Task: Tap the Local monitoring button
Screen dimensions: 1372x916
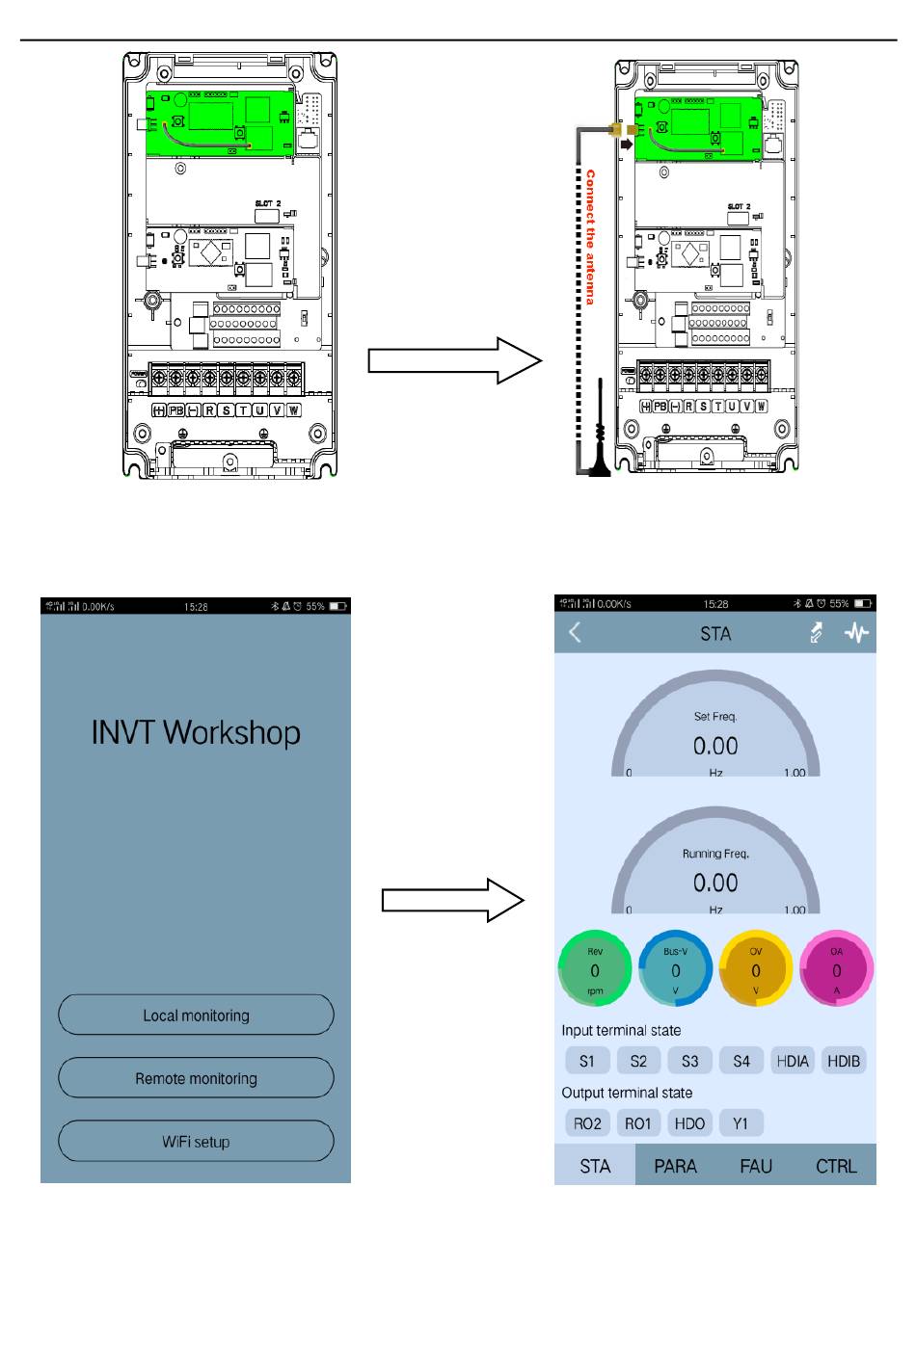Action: (x=196, y=1016)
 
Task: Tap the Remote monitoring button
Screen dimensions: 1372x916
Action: (x=196, y=1078)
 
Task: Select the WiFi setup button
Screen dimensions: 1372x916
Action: (x=196, y=1142)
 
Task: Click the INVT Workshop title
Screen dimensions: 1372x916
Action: (x=196, y=733)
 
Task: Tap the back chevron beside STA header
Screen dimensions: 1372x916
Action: (x=576, y=633)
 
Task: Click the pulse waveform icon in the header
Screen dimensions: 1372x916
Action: (x=856, y=633)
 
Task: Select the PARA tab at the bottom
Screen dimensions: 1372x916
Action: (x=675, y=1166)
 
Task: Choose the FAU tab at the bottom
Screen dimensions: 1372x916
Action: (x=756, y=1166)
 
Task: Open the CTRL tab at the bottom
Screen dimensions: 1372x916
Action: (x=836, y=1166)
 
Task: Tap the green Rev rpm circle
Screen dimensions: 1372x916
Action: (x=595, y=968)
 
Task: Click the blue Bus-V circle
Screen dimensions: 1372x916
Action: (x=675, y=968)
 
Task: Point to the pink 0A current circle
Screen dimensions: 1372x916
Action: (x=836, y=968)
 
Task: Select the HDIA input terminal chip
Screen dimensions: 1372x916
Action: (x=793, y=1061)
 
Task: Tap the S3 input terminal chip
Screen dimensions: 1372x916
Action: (x=689, y=1061)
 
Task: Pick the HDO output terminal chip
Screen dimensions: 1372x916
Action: (x=689, y=1123)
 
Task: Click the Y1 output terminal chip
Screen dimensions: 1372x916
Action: (x=741, y=1123)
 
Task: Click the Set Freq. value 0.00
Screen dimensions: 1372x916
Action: (x=715, y=747)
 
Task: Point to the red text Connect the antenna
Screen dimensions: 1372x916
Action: (x=590, y=238)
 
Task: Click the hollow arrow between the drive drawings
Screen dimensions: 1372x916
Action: (x=454, y=360)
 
